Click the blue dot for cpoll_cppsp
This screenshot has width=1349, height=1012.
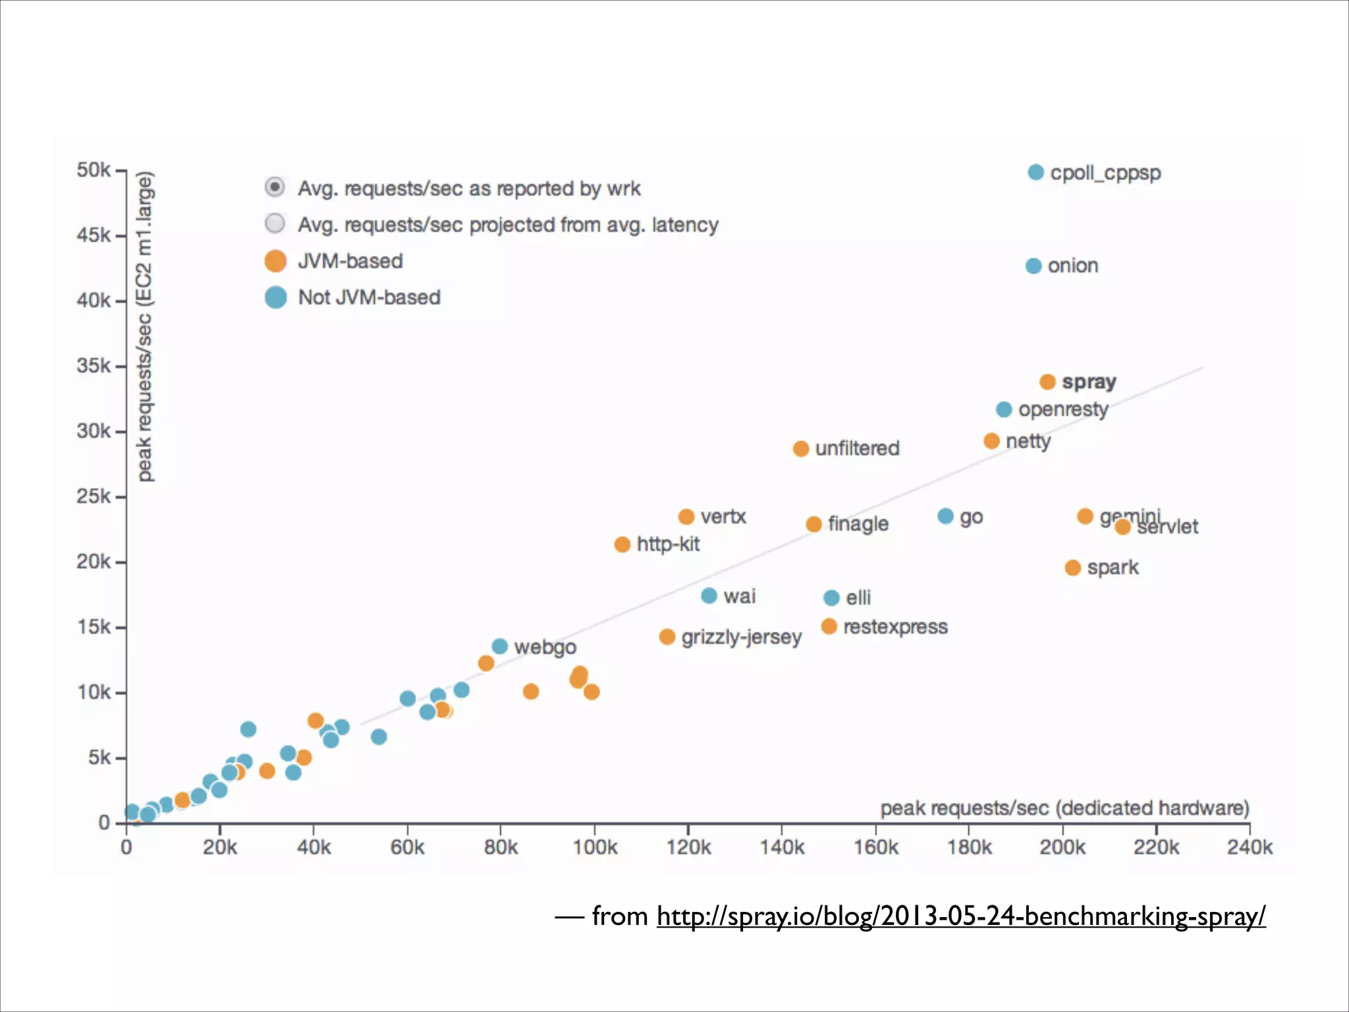click(1035, 173)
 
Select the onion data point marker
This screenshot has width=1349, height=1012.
click(1033, 266)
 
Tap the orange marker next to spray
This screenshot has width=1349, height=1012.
click(1047, 382)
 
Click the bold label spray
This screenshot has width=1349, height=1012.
click(1089, 382)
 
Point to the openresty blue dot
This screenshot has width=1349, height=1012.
click(1004, 410)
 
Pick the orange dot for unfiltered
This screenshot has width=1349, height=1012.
click(800, 449)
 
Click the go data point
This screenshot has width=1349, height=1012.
click(945, 517)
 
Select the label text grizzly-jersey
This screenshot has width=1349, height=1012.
click(741, 637)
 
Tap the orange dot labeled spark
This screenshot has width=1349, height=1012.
click(1072, 568)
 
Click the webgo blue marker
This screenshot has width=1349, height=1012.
click(500, 647)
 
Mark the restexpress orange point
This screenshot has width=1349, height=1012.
click(829, 627)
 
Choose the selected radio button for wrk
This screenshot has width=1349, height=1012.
click(275, 187)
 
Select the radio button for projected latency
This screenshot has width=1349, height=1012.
click(275, 223)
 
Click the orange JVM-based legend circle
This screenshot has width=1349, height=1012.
click(275, 261)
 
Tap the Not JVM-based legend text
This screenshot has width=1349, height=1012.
click(369, 297)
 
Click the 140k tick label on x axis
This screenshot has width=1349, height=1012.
click(782, 847)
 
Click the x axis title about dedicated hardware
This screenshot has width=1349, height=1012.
click(1064, 808)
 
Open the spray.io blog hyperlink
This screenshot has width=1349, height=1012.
click(960, 916)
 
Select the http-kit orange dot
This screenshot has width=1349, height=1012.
click(622, 545)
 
